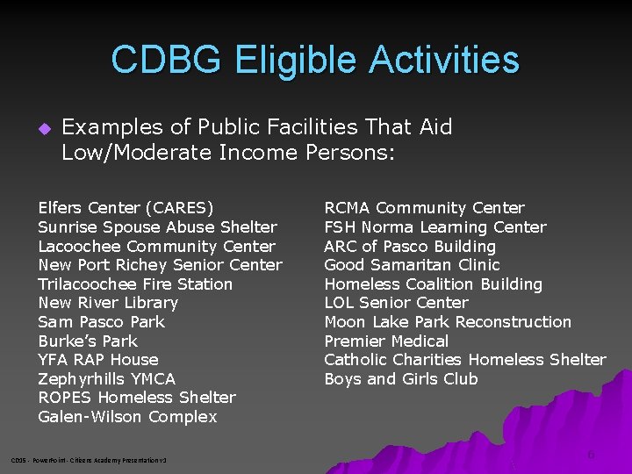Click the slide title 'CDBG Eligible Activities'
click(315, 60)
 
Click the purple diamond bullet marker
click(44, 128)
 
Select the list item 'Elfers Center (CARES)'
click(126, 208)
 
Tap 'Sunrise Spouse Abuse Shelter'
click(157, 227)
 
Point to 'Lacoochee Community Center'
click(156, 247)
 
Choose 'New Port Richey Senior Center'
click(160, 265)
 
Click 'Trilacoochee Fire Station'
click(135, 284)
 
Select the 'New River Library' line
click(108, 303)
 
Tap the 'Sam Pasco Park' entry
click(101, 322)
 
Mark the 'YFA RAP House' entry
click(98, 360)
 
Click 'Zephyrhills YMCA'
click(106, 379)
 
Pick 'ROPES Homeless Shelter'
click(137, 398)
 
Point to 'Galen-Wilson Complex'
click(127, 417)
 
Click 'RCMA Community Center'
click(424, 208)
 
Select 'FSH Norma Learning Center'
click(434, 227)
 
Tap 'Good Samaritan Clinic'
click(412, 265)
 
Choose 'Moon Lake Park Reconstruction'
click(447, 322)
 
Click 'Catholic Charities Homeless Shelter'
click(464, 360)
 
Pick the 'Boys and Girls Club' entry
click(400, 379)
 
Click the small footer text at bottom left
click(88, 460)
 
